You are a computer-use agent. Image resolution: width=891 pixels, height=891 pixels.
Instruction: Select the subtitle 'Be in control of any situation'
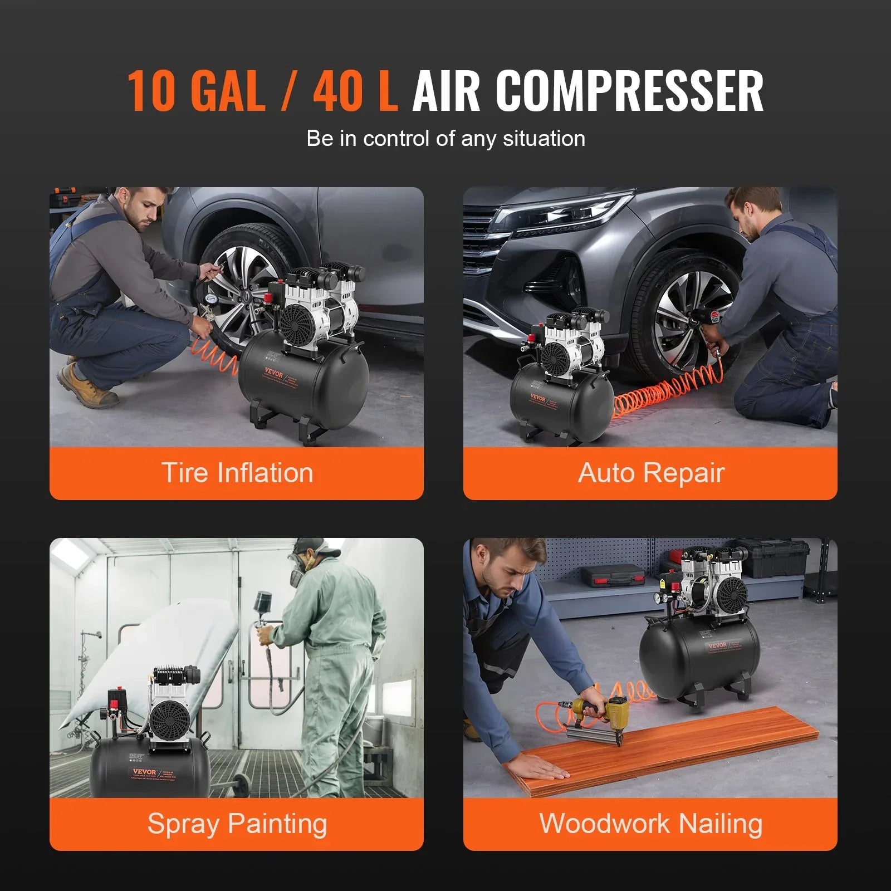click(x=445, y=138)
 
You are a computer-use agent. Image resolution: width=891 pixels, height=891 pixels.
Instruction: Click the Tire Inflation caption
click(x=237, y=473)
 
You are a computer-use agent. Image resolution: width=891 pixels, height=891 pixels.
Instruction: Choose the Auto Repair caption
click(x=650, y=473)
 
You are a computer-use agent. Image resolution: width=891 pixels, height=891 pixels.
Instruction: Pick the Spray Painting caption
click(x=237, y=824)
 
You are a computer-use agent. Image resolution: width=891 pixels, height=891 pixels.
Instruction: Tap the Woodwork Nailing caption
click(x=650, y=824)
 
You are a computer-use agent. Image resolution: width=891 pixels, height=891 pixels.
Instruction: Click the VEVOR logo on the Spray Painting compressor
click(x=144, y=771)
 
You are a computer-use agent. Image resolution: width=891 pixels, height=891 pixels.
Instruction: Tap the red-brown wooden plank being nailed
click(x=668, y=749)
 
